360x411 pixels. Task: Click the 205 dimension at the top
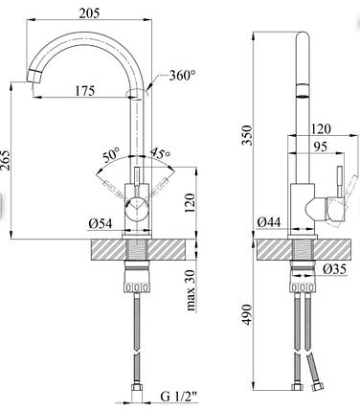pos(89,12)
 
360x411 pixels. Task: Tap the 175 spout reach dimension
pos(85,91)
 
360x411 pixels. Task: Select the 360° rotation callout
pos(182,76)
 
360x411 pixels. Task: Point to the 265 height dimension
pos(6,165)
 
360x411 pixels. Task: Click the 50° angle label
pos(111,155)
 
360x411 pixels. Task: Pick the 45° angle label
pos(160,153)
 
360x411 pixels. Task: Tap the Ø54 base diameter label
pos(101,224)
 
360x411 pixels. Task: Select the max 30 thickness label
pos(191,290)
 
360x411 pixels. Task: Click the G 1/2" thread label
pos(178,397)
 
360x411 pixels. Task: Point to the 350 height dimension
pos(247,135)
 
